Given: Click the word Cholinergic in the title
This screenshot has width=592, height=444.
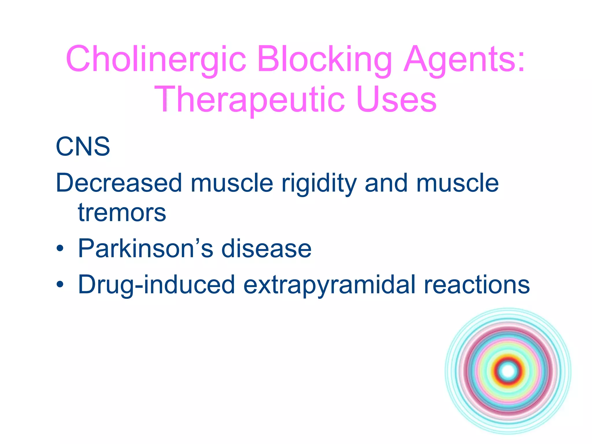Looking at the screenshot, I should pos(156,59).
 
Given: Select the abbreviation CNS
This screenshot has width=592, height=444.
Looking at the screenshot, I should pos(83,147).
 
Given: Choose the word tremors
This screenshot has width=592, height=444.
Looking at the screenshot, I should pos(122,213).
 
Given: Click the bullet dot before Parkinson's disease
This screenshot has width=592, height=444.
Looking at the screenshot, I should pos(60,249).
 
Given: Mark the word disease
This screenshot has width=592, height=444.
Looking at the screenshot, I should pos(266,248).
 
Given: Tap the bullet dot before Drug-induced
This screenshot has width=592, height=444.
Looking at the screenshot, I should pos(60,285).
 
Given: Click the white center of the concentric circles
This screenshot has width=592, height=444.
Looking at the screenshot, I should pos(508,371).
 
